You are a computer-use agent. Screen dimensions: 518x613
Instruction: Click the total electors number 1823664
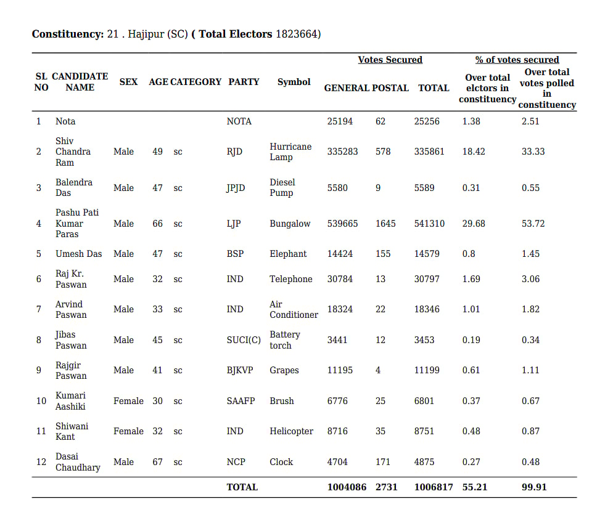[298, 34]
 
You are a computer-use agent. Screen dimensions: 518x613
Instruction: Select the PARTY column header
[244, 82]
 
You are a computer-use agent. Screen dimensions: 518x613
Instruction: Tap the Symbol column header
[294, 82]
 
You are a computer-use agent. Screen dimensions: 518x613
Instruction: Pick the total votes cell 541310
[429, 224]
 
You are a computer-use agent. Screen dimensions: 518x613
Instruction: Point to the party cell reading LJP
[234, 224]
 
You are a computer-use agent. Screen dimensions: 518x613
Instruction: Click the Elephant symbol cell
[288, 254]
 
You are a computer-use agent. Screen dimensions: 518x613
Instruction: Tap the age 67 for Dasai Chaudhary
[158, 462]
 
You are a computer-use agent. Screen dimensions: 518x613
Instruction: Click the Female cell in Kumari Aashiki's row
[128, 401]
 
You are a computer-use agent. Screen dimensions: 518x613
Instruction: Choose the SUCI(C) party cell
[244, 340]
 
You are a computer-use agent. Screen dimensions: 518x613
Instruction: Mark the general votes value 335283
[342, 152]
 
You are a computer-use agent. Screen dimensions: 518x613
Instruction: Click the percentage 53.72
[533, 224]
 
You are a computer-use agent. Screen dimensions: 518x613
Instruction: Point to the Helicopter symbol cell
[291, 431]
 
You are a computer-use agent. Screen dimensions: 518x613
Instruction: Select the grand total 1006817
[434, 487]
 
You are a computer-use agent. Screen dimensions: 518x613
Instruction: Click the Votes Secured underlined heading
[390, 60]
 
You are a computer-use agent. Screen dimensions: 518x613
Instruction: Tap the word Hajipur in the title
[146, 34]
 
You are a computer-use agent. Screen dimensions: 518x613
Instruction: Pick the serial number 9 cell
[39, 370]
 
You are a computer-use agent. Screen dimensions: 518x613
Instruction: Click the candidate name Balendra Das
[74, 187]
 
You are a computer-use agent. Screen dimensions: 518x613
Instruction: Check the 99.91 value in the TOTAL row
[534, 487]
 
